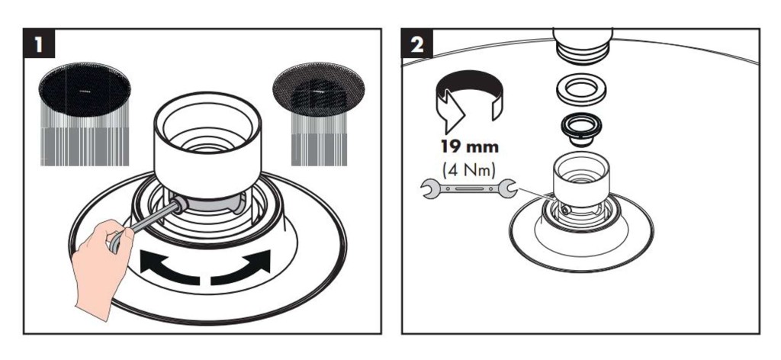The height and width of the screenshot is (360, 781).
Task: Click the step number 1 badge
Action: [39, 43]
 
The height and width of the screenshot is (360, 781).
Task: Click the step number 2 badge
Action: [417, 43]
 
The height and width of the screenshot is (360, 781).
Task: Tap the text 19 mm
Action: [469, 147]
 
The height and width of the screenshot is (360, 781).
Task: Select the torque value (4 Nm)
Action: [469, 169]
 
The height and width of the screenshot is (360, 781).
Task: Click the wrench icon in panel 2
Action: [468, 188]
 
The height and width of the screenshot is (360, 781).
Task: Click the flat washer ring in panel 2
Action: [581, 91]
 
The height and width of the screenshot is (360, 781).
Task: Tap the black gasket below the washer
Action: [580, 127]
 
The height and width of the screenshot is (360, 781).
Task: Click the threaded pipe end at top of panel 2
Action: [583, 43]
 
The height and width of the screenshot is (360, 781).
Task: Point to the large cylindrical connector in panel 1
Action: [207, 144]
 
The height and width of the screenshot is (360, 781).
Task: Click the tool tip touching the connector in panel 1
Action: [179, 204]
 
